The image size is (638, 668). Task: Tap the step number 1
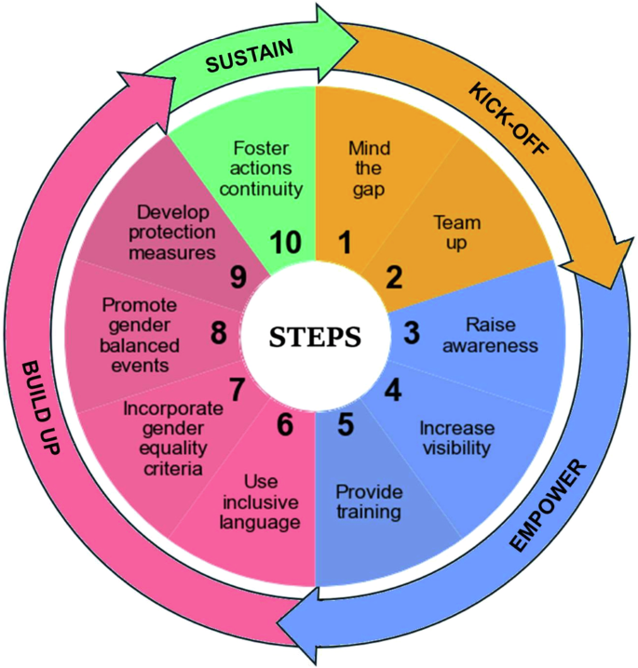[x=345, y=244]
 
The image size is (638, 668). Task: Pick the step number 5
[x=345, y=424]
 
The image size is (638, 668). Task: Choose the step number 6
[x=286, y=424]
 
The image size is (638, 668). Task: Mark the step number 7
[x=238, y=389]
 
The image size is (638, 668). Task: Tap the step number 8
[x=218, y=333]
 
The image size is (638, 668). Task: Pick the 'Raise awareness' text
[x=501, y=336]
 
